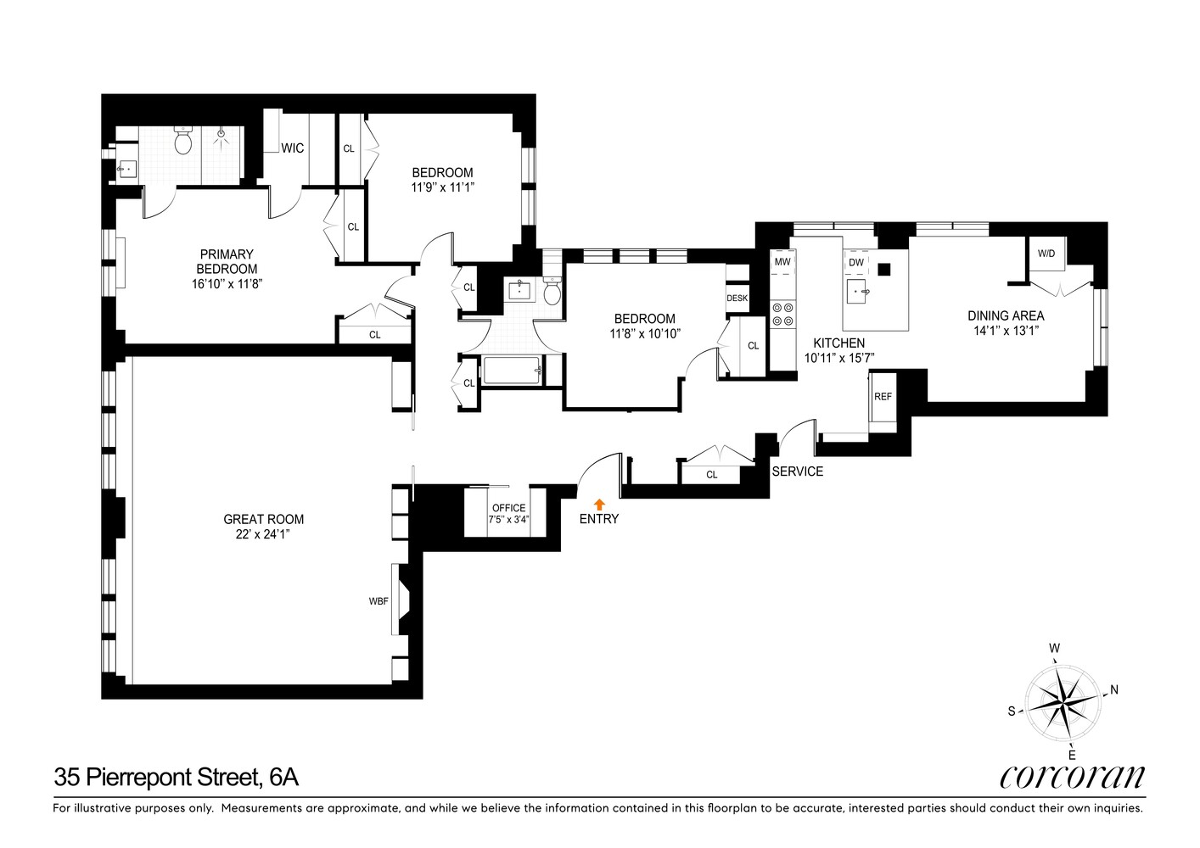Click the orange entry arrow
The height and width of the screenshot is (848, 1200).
tap(600, 504)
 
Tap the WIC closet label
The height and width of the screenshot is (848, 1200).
tap(293, 148)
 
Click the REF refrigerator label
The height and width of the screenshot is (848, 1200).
tap(883, 397)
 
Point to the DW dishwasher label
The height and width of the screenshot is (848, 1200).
tap(856, 263)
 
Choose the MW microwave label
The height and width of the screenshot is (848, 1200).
tap(782, 262)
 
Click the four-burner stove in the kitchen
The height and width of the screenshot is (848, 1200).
tap(782, 315)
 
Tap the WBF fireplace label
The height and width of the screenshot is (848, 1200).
tap(379, 601)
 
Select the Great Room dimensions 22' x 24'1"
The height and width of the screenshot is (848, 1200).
tap(263, 534)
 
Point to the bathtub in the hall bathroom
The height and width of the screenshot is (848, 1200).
tap(512, 371)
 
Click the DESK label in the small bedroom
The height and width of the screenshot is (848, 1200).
tap(737, 298)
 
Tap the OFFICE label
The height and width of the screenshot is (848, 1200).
tap(509, 508)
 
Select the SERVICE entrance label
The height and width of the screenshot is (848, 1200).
tap(797, 471)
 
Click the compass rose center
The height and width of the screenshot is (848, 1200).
tap(1063, 702)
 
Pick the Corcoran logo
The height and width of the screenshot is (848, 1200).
tap(1072, 777)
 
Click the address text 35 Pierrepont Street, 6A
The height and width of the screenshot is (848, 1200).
tap(176, 777)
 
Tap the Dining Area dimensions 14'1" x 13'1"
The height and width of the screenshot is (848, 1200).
tap(1006, 332)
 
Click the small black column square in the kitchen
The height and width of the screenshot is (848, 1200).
tap(885, 270)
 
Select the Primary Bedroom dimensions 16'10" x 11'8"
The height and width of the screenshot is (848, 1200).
tap(227, 285)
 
